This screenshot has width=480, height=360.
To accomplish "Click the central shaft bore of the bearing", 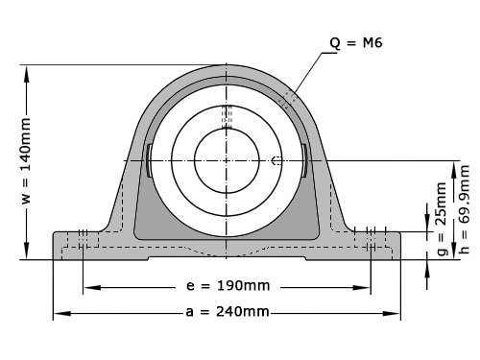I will (227, 159).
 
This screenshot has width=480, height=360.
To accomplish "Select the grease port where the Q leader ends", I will (289, 97).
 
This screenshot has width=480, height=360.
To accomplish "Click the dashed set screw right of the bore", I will (276, 160).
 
